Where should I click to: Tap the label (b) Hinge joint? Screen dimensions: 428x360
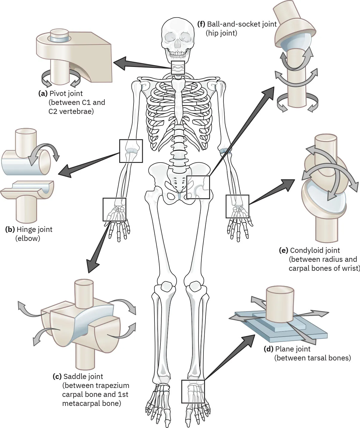pos(29,230)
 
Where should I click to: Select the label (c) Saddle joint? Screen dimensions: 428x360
pos(78,376)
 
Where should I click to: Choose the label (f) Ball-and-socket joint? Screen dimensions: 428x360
pos(237,24)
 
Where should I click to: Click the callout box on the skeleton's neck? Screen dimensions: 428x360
pos(178,68)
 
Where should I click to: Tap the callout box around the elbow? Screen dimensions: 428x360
pos(131,151)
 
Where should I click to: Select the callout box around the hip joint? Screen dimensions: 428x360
pos(198,187)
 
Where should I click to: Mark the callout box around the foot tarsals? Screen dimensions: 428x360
pos(193,391)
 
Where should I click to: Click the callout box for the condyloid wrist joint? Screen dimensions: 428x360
pos(237,206)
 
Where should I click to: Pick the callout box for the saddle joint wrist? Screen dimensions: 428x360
pos(114,209)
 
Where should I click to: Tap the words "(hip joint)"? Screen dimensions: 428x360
pos(221,33)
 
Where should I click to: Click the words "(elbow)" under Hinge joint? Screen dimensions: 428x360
pos(27,239)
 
